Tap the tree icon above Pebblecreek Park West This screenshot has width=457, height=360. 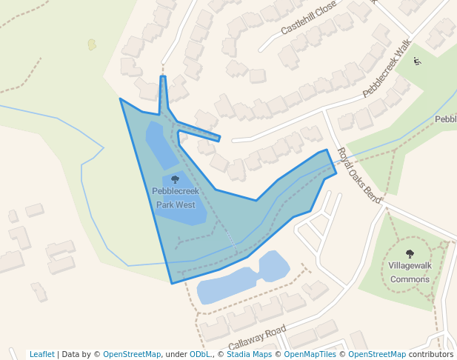(x=175, y=179)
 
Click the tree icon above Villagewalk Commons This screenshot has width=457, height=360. (x=410, y=254)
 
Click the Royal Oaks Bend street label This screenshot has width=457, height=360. (x=359, y=176)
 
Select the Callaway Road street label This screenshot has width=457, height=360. (x=256, y=339)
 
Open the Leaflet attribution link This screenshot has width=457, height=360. (x=42, y=354)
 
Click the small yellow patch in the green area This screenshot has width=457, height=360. (x=92, y=44)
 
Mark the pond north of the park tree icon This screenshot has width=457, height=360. (x=159, y=144)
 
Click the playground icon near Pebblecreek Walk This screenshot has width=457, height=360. (x=417, y=61)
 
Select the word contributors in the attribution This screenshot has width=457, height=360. (x=431, y=354)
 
